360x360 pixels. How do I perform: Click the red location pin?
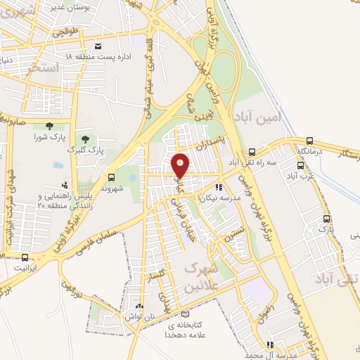(181, 165)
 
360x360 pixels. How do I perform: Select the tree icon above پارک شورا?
(47, 125)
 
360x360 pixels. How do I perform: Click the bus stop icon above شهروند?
(112, 177)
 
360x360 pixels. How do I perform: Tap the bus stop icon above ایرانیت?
(25, 257)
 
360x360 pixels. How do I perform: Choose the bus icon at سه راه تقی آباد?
(252, 151)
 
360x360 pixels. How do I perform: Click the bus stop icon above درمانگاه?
(309, 141)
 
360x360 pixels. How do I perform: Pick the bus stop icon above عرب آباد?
(301, 166)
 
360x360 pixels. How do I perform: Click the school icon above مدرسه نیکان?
(219, 188)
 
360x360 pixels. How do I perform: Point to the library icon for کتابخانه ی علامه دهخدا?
(185, 314)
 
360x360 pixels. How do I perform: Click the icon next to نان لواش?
(139, 307)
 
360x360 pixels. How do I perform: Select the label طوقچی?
(77, 31)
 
